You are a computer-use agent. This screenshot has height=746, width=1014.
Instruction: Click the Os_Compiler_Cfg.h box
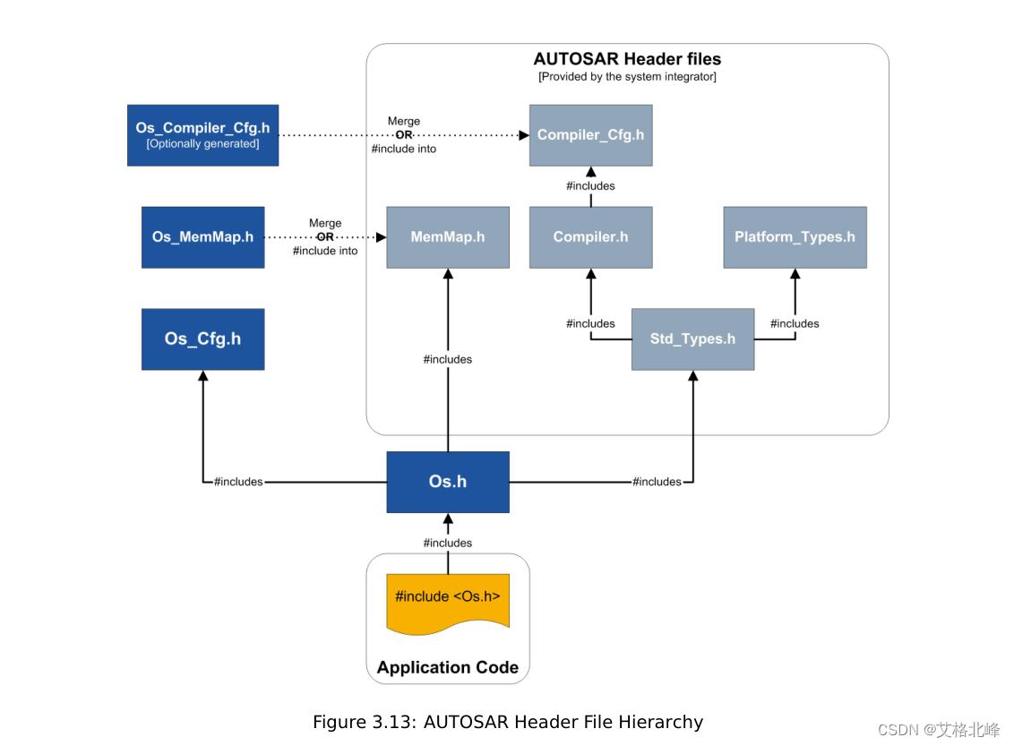[x=202, y=134]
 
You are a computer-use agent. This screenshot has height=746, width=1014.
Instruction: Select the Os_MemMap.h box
[x=202, y=237]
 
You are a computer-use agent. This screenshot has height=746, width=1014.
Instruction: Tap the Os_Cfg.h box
[x=202, y=339]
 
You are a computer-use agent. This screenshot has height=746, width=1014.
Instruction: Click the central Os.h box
[x=447, y=482]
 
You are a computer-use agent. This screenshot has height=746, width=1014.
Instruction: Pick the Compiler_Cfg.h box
[x=590, y=135]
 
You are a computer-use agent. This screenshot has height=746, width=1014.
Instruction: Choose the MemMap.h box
[x=447, y=237]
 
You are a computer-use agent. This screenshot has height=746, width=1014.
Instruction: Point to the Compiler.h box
[x=590, y=237]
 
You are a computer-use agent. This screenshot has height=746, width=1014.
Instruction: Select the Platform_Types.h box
[x=795, y=237]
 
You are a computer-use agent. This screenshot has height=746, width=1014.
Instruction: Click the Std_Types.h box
[x=692, y=339]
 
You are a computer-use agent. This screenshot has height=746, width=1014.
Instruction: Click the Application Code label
[x=447, y=667]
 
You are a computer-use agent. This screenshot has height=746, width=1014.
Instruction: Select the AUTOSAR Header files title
[x=627, y=59]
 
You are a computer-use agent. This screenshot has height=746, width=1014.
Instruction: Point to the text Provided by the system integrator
[x=627, y=77]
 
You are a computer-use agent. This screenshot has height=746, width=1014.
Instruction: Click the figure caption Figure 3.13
[x=507, y=722]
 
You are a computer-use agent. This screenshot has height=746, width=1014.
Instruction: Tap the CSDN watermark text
[x=938, y=730]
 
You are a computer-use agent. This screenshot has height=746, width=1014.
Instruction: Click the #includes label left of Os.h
[x=238, y=482]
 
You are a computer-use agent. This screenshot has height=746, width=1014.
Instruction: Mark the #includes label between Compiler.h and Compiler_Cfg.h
[x=590, y=186]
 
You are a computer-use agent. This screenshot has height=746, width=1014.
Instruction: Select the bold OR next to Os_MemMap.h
[x=324, y=237]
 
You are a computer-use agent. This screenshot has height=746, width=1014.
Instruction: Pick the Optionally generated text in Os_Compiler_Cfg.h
[x=202, y=144]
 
